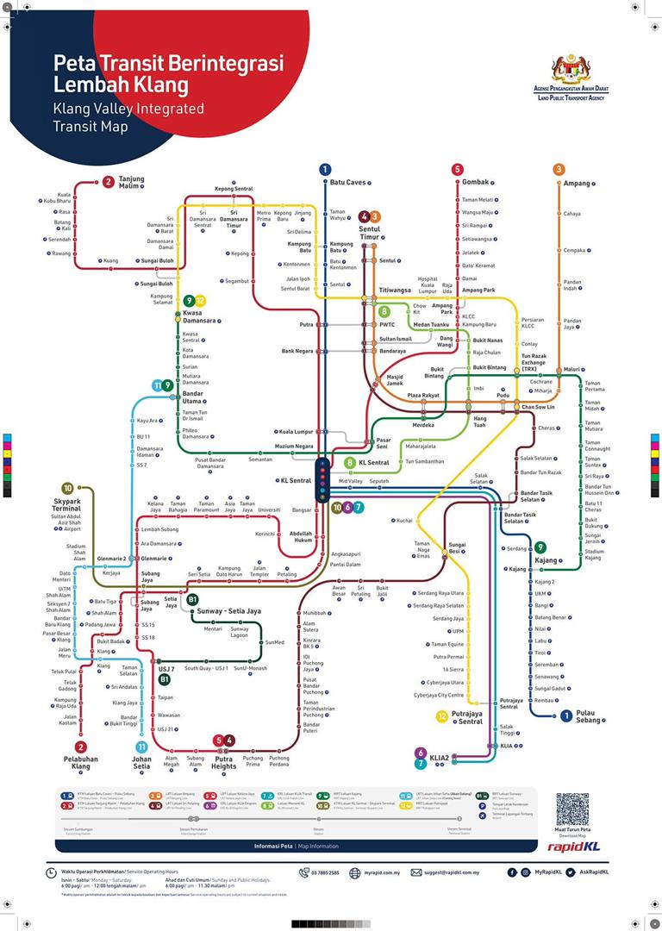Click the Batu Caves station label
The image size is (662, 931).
(347, 183)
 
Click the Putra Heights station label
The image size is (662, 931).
(223, 762)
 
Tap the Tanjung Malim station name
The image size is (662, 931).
(131, 182)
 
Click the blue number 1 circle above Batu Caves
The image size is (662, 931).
(325, 170)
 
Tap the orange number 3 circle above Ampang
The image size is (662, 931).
(559, 170)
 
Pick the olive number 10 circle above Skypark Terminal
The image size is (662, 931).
(67, 487)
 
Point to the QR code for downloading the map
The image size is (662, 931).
(572, 809)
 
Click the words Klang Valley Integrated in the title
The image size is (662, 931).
(128, 109)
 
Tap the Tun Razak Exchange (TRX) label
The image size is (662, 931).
(539, 361)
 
